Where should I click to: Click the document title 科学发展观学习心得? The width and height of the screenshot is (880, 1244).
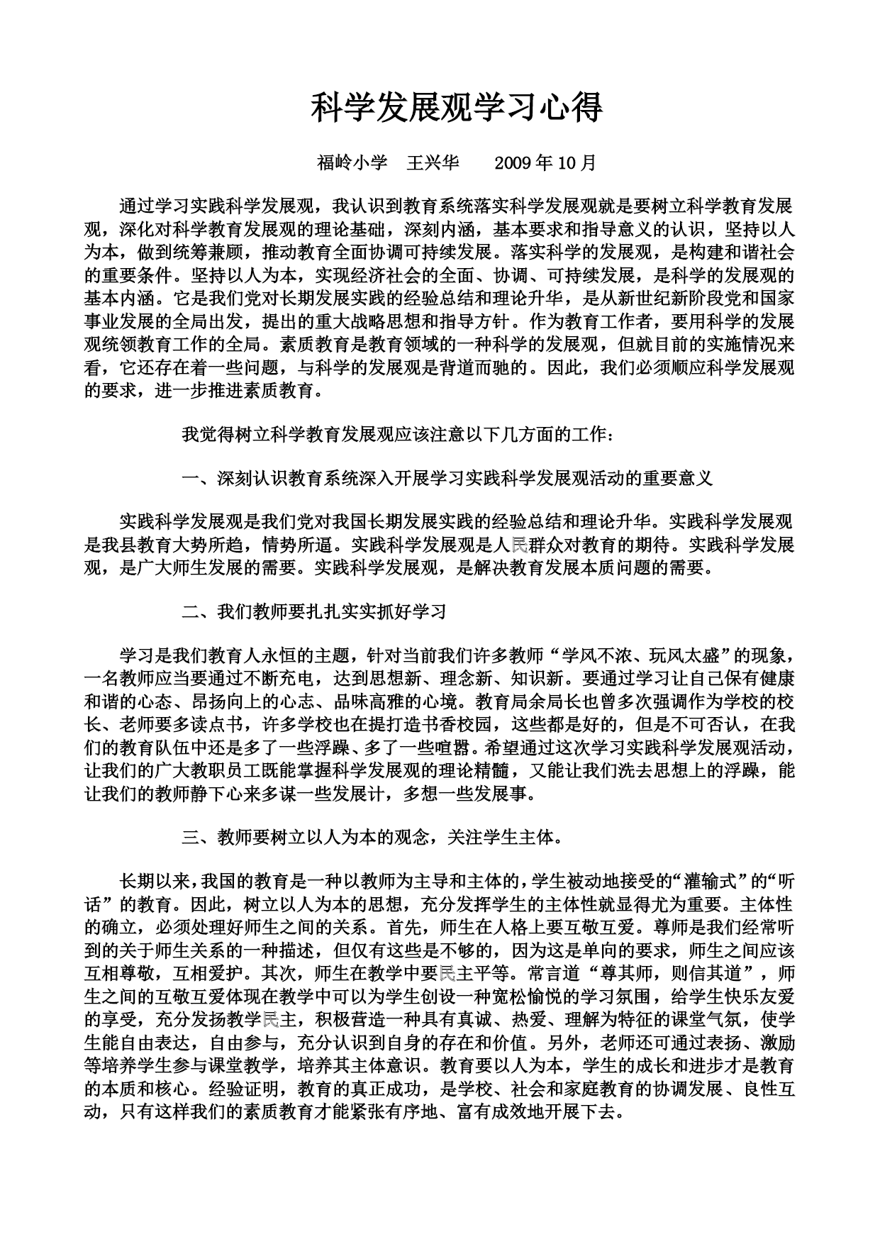pyautogui.click(x=457, y=108)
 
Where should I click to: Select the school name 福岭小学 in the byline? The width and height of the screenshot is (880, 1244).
pyautogui.click(x=352, y=163)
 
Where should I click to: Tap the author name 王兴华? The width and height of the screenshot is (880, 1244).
pyautogui.click(x=433, y=163)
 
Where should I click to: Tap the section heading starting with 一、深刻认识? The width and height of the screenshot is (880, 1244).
pyautogui.click(x=447, y=479)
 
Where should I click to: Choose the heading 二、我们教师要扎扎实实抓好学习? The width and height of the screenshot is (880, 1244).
pyautogui.click(x=314, y=611)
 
